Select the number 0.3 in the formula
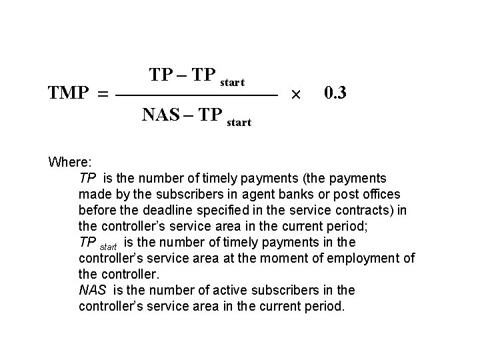[335, 93]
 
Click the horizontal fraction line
[196, 97]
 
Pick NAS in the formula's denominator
[159, 115]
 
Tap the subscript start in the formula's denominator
[239, 123]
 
